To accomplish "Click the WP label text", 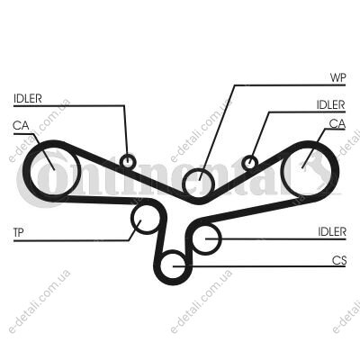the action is click(337, 77).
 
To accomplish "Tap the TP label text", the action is click(19, 232).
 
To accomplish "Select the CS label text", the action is click(339, 260).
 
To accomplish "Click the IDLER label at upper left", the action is click(27, 98).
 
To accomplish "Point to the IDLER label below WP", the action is click(331, 104).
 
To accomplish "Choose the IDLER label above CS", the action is click(332, 231).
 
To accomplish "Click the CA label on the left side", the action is click(21, 125).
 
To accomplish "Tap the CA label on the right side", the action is click(337, 123).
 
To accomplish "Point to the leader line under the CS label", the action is click(259, 266).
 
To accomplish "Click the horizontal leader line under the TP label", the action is click(71, 240).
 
